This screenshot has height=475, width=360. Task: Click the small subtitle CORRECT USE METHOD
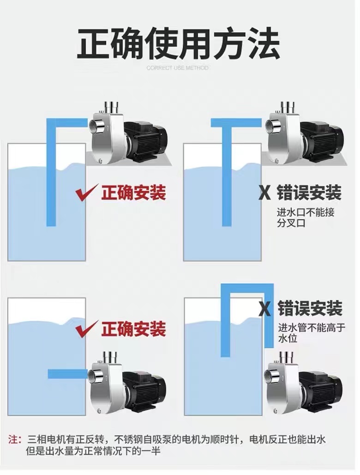[x=177, y=68]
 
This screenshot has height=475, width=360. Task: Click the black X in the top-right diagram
[x=265, y=193]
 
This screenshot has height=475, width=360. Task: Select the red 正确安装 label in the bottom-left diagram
[x=133, y=329]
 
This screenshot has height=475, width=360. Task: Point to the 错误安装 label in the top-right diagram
[x=309, y=193]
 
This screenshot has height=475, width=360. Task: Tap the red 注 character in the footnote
[x=13, y=439]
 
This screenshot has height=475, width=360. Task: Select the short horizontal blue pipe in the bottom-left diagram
[x=67, y=374]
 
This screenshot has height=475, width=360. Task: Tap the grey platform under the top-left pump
[x=129, y=160]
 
